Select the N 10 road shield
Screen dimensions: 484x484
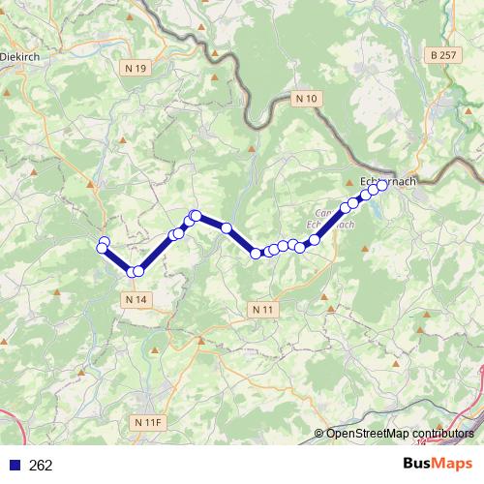(x=306, y=98)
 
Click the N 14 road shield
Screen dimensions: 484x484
(x=137, y=300)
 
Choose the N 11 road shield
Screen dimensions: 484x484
(x=261, y=309)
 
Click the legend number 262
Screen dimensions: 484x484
(x=41, y=466)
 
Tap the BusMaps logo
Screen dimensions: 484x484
(x=437, y=465)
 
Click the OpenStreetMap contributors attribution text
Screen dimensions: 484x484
(x=400, y=434)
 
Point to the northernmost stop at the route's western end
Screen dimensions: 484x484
(x=104, y=242)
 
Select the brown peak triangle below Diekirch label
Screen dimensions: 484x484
(x=9, y=92)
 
